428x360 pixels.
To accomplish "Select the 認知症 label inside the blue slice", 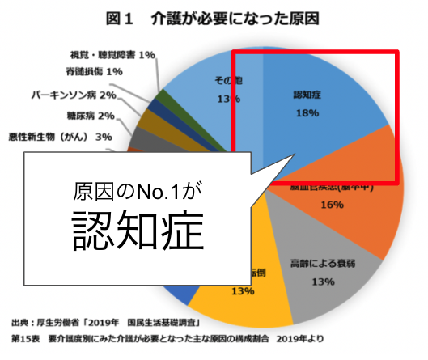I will click(307, 95).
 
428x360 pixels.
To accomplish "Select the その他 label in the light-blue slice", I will click(228, 81).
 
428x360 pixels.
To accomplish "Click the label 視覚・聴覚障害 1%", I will click(114, 54).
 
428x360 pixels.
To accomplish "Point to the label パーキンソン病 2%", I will click(72, 95).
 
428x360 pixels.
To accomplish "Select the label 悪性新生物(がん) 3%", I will click(58, 136).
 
